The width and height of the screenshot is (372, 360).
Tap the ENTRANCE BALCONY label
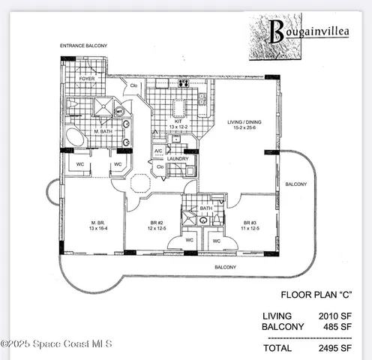tap(83, 46)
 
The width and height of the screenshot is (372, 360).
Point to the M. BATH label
tap(103, 132)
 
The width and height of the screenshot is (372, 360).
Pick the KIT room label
tap(178, 121)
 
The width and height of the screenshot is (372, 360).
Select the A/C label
tap(159, 151)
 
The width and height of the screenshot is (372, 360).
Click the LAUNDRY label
tap(178, 159)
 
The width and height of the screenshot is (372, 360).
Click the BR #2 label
tap(156, 223)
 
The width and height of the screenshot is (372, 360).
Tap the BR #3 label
tap(250, 223)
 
